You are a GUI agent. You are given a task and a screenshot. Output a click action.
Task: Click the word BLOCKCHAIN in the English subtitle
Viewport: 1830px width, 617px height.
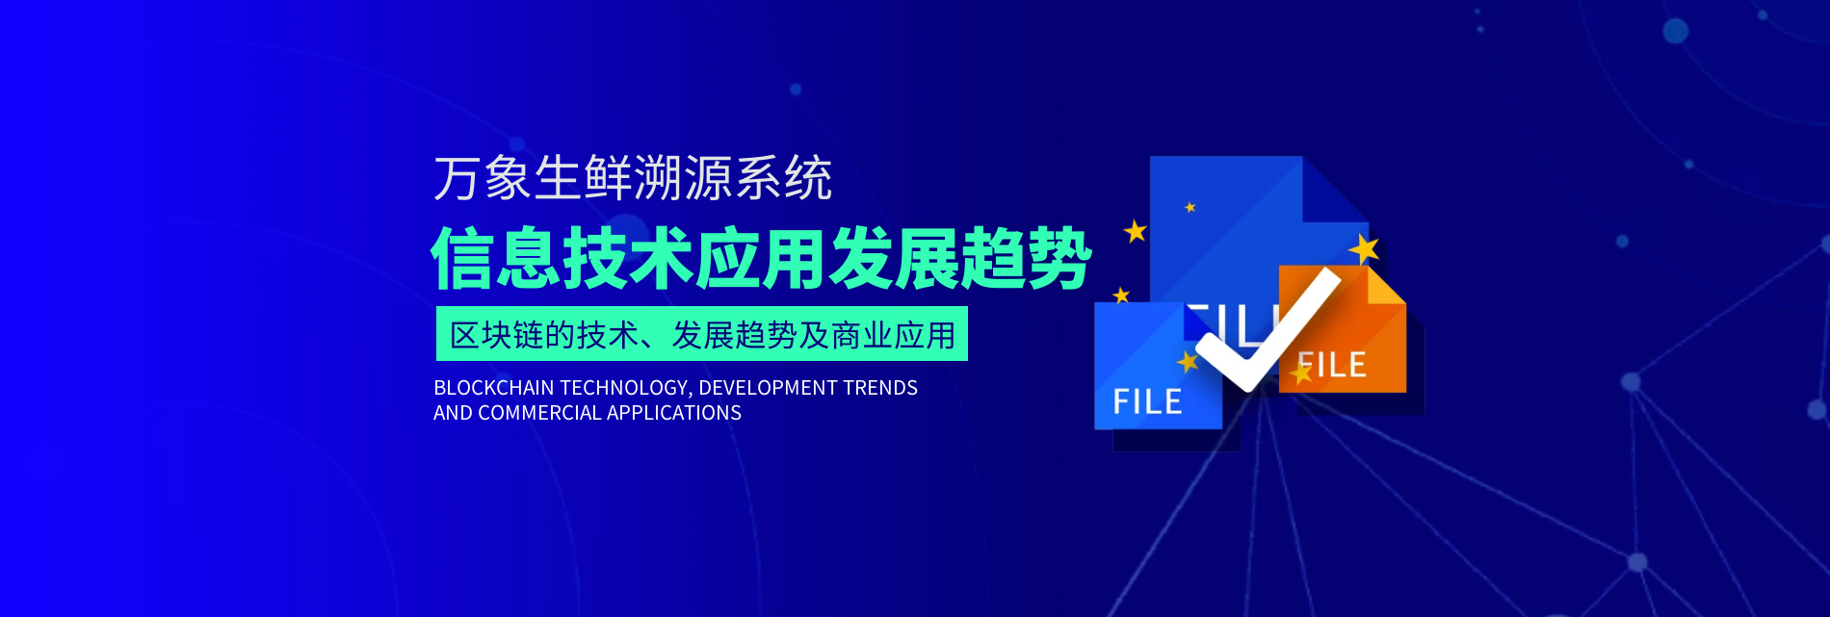click(494, 388)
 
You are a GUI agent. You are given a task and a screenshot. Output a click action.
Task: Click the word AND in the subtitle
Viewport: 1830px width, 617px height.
click(453, 413)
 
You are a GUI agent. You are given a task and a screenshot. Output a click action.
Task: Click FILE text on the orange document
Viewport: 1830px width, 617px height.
click(1333, 366)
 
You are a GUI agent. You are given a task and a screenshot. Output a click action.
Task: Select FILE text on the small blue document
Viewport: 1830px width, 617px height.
click(1148, 401)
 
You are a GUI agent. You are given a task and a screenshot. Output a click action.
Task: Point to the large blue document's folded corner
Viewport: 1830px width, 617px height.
click(1335, 189)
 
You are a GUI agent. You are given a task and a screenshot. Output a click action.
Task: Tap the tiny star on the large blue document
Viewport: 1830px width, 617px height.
click(1190, 207)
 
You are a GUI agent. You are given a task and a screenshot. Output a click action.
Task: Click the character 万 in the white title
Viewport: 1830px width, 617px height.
click(457, 179)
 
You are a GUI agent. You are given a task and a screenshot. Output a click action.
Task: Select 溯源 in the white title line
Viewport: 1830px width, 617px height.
click(683, 179)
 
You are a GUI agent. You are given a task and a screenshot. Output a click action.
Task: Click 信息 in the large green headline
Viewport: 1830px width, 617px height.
click(496, 258)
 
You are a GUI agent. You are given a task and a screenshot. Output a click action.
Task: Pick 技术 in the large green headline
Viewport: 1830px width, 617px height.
click(628, 258)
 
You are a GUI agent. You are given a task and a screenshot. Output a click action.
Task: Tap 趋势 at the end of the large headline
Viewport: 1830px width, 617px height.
click(1026, 258)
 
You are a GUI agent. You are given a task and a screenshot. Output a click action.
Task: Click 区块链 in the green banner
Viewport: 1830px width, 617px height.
click(497, 335)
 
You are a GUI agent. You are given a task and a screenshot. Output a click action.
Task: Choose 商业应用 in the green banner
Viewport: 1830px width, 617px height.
click(893, 335)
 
